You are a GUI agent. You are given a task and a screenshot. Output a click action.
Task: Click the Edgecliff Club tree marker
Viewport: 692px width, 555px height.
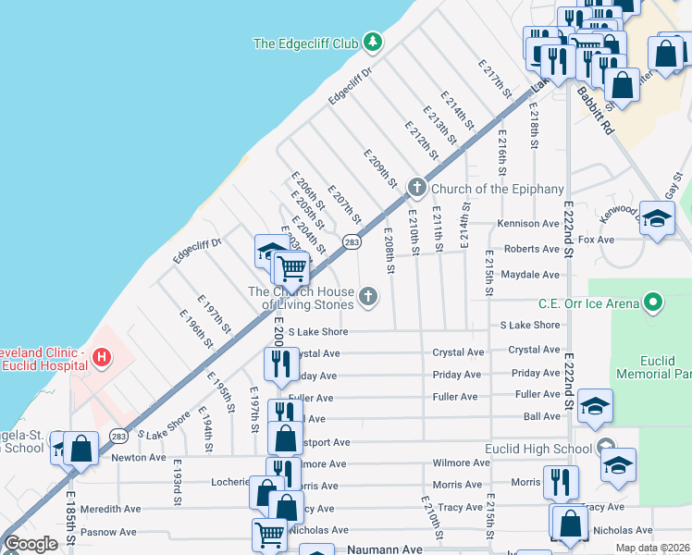(372, 42)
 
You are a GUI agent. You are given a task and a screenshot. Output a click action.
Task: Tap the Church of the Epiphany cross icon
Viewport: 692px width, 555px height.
(416, 188)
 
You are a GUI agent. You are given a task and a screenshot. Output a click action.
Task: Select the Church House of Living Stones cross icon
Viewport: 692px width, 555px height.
(368, 296)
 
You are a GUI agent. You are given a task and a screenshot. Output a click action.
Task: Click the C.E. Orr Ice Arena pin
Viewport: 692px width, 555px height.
(653, 302)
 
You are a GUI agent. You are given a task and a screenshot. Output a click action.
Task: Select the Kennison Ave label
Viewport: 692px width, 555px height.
(528, 224)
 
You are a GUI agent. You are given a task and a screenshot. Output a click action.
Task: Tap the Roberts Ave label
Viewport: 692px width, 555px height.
(532, 249)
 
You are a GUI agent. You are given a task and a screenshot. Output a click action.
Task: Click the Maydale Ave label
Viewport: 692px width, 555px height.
(530, 275)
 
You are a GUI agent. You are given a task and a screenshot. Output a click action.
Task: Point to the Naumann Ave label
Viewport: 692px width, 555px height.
(383, 549)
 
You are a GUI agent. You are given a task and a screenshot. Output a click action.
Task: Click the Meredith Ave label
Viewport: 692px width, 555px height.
(110, 509)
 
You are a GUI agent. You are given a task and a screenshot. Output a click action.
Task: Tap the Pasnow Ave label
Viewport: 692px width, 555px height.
(108, 532)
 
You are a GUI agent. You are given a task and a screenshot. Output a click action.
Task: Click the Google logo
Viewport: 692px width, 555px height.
(31, 544)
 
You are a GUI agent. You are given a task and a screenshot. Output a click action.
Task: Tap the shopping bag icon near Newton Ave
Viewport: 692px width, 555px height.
(81, 449)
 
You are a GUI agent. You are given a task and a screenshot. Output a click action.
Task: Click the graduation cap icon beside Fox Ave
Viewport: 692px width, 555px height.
(657, 219)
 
